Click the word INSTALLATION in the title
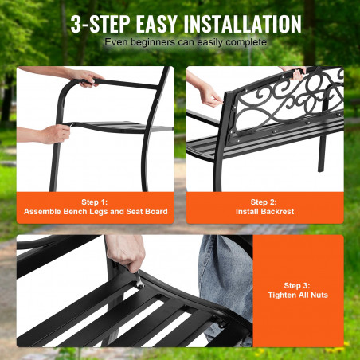[242, 24]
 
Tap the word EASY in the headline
[156, 24]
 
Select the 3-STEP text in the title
[100, 24]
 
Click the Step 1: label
[95, 202]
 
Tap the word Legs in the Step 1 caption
[98, 212]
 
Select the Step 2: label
[264, 202]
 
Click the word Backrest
[277, 212]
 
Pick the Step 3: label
[297, 285]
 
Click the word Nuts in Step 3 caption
[319, 295]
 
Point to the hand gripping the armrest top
[84, 78]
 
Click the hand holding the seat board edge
[55, 134]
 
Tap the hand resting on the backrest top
[295, 72]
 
